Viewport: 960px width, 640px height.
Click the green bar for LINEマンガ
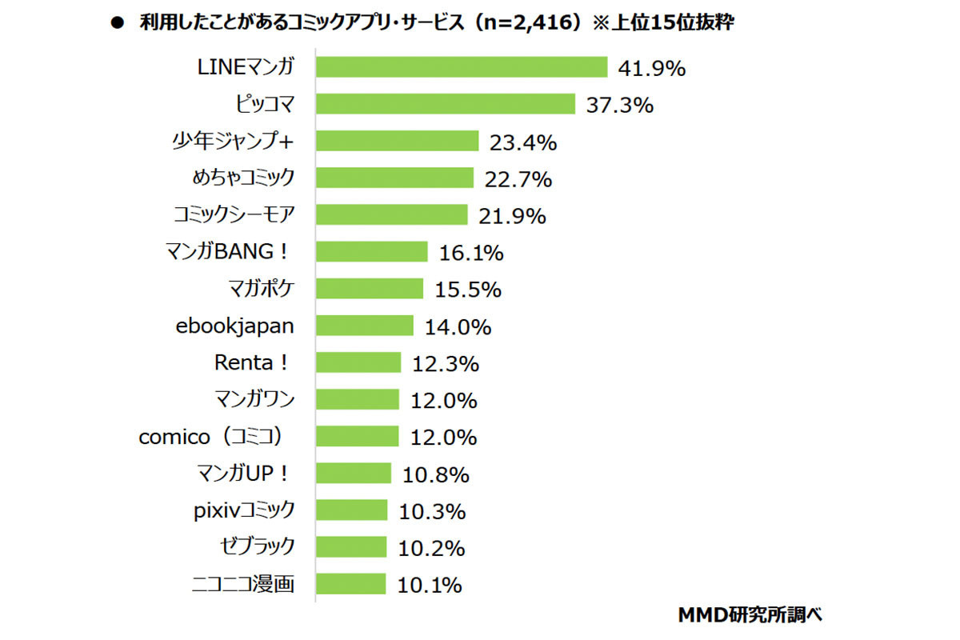[x=462, y=67]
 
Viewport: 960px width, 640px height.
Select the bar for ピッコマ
[x=446, y=104]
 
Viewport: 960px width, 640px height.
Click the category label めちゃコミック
[x=243, y=178]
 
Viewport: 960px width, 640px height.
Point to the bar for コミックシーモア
[x=391, y=215]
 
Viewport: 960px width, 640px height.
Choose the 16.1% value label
[x=471, y=254]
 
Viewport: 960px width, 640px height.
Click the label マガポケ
[x=261, y=288]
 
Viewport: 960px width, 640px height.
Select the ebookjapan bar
[x=364, y=326]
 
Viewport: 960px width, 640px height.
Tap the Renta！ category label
[x=250, y=362]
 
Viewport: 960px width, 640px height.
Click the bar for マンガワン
[x=357, y=399]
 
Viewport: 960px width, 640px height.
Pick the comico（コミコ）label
[x=212, y=437]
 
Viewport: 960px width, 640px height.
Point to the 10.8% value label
[x=435, y=474]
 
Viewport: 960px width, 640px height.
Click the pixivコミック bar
[x=351, y=510]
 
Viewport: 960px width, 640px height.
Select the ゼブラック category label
[x=256, y=546]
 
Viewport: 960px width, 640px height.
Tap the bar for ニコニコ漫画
[x=350, y=584]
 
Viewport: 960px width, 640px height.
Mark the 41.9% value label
[x=651, y=69]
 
